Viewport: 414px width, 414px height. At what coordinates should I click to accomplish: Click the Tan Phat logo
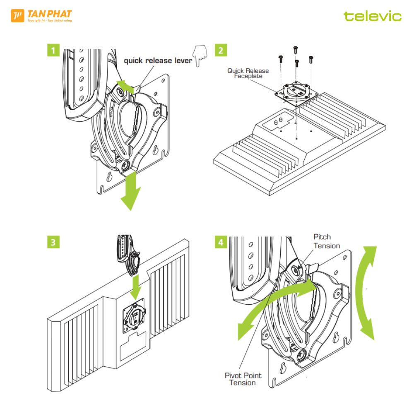(41, 16)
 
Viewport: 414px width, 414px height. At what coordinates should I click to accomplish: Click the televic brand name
(372, 17)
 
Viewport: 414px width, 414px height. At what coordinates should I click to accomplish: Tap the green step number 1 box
(53, 51)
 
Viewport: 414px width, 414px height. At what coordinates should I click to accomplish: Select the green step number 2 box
(220, 51)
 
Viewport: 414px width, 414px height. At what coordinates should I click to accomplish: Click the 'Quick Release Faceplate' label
(248, 73)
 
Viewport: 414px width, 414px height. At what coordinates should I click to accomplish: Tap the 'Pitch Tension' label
(326, 241)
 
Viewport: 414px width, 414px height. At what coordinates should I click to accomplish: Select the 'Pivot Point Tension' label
(243, 379)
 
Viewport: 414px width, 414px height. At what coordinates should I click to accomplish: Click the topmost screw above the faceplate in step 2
(295, 49)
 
